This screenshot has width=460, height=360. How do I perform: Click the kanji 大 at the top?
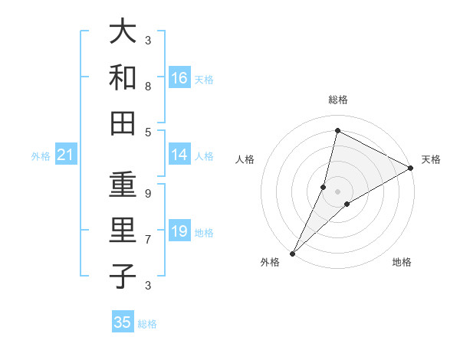(x=123, y=32)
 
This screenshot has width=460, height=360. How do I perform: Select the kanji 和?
(x=123, y=77)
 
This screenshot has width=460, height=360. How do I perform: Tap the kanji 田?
(x=123, y=123)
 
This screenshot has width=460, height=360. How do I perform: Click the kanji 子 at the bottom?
(x=123, y=277)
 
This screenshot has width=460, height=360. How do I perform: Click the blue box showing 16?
(x=179, y=77)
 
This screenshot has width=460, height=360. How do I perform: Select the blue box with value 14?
(x=179, y=155)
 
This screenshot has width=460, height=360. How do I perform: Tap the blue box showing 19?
(x=179, y=231)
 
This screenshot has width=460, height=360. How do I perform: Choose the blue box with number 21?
(x=65, y=155)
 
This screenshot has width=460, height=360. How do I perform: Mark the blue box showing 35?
(x=123, y=322)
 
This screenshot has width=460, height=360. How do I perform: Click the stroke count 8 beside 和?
(x=148, y=87)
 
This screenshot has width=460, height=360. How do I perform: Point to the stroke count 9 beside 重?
(x=148, y=194)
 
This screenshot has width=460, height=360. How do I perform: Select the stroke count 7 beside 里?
(x=148, y=240)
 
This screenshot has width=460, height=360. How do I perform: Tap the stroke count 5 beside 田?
(x=148, y=132)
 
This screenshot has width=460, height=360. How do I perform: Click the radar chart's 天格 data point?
(x=411, y=169)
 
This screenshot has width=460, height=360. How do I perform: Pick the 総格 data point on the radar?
(x=337, y=130)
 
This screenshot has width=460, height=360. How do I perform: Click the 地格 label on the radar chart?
(x=402, y=262)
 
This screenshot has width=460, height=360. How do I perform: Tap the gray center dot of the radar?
(x=337, y=191)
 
